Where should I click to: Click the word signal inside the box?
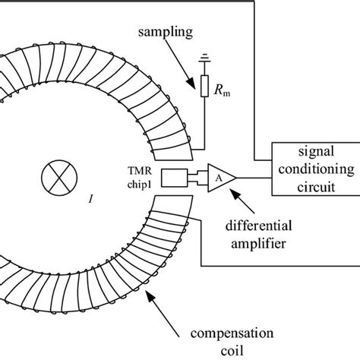coord(312,156)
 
